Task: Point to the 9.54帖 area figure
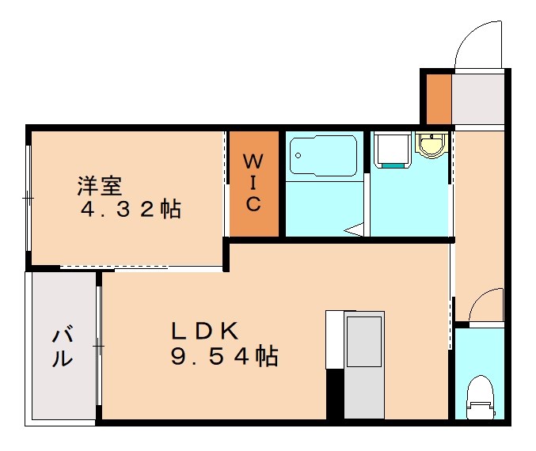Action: click(x=223, y=357)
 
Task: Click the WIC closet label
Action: click(x=253, y=183)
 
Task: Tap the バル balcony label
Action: click(x=63, y=347)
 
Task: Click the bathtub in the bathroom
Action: click(x=322, y=156)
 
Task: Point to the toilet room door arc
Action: click(x=485, y=305)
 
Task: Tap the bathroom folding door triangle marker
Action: click(x=354, y=230)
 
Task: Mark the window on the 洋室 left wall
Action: click(x=29, y=198)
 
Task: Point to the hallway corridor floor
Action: click(x=478, y=214)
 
